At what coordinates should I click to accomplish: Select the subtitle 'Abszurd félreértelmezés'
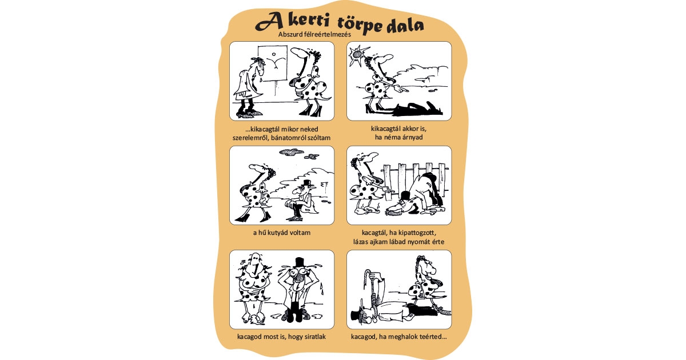click(x=314, y=35)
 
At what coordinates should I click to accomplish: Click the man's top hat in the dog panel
click(x=307, y=183)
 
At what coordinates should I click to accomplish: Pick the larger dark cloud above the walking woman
click(x=291, y=151)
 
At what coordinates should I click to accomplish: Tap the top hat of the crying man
click(x=298, y=262)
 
